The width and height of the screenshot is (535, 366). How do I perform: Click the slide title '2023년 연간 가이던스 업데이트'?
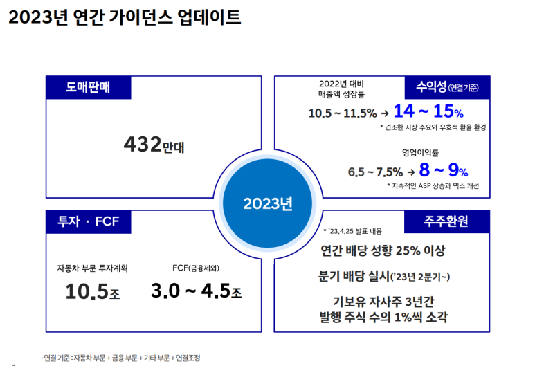pyautogui.click(x=125, y=17)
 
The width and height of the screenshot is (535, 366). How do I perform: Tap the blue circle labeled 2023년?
pyautogui.click(x=267, y=203)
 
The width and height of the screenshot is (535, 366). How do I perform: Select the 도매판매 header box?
pyautogui.click(x=89, y=87)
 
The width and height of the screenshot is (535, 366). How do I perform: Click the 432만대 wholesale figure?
pyautogui.click(x=154, y=145)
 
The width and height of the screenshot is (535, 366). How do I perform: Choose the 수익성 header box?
pyautogui.click(x=447, y=87)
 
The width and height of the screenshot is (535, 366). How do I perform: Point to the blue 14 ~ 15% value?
pyautogui.click(x=428, y=111)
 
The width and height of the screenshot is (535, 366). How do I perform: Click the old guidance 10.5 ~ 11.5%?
pyautogui.click(x=343, y=113)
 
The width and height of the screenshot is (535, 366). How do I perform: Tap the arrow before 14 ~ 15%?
pyautogui.click(x=385, y=113)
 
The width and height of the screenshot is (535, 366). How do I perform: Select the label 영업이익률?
pyautogui.click(x=420, y=152)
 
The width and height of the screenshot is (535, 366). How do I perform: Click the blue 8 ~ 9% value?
pyautogui.click(x=444, y=170)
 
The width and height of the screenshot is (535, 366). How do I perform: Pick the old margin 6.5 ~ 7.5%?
pyautogui.click(x=375, y=172)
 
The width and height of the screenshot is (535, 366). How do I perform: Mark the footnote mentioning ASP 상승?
pyautogui.click(x=433, y=186)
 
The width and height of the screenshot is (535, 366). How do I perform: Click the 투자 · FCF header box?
pyautogui.click(x=89, y=221)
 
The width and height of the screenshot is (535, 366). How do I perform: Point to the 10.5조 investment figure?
pyautogui.click(x=93, y=292)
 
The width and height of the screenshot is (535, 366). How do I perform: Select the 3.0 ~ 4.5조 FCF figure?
pyautogui.click(x=196, y=291)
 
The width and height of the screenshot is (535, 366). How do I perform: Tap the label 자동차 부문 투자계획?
pyautogui.click(x=93, y=268)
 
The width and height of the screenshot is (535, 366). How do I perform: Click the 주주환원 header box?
pyautogui.click(x=447, y=221)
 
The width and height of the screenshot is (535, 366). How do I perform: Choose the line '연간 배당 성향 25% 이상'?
pyautogui.click(x=383, y=250)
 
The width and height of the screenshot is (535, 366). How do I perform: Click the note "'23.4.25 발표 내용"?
pyautogui.click(x=353, y=231)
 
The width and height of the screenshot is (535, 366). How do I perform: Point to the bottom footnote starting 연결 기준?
pyautogui.click(x=121, y=358)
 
